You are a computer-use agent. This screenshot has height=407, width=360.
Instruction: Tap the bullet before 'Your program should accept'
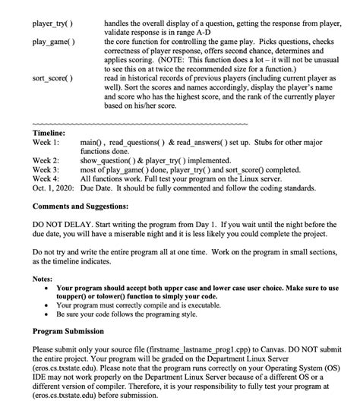coord(48,289)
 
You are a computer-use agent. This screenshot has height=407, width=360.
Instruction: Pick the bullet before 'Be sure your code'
coord(48,316)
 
